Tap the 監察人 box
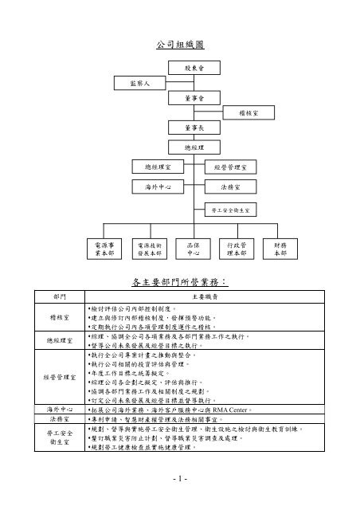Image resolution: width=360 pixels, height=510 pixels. pos(129,82)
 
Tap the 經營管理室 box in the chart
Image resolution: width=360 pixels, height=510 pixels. pos(230,167)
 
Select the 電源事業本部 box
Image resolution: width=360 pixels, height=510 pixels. pos(104,249)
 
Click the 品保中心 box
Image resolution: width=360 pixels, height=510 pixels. pos(191,249)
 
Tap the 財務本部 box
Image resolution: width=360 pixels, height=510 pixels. pos(280,249)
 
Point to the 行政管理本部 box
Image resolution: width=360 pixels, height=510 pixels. pos(237,249)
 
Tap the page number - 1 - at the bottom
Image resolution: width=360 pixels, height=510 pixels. pos(180,479)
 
